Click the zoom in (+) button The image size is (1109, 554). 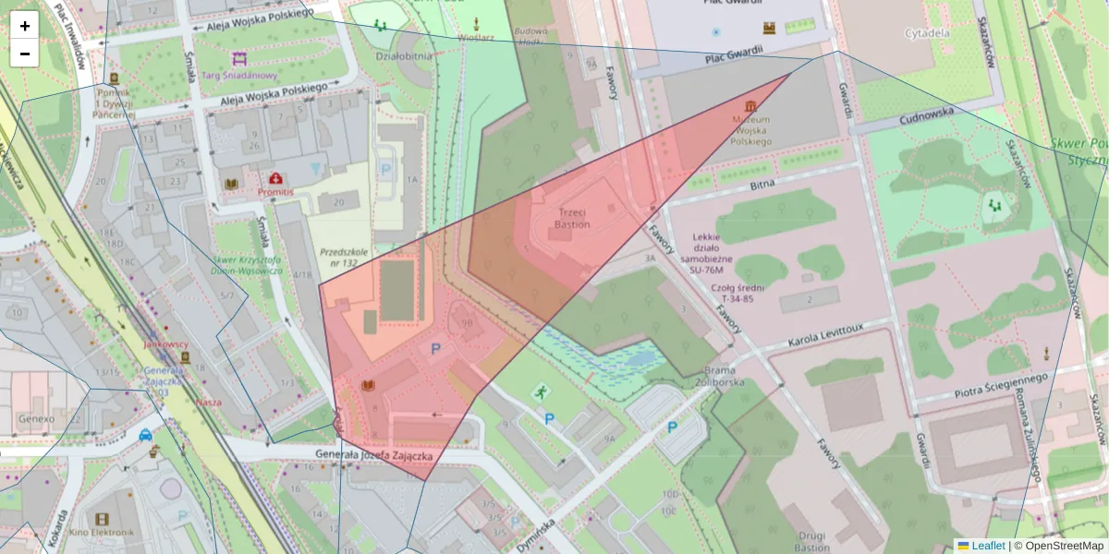[25, 26]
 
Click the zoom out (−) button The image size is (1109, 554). [25, 54]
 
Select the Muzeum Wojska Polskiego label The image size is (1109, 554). [751, 131]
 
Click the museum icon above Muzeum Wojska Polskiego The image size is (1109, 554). [750, 104]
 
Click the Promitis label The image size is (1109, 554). [275, 191]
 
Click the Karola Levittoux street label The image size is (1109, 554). [824, 337]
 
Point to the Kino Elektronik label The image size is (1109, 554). [101, 533]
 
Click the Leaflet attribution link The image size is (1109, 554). [988, 546]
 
